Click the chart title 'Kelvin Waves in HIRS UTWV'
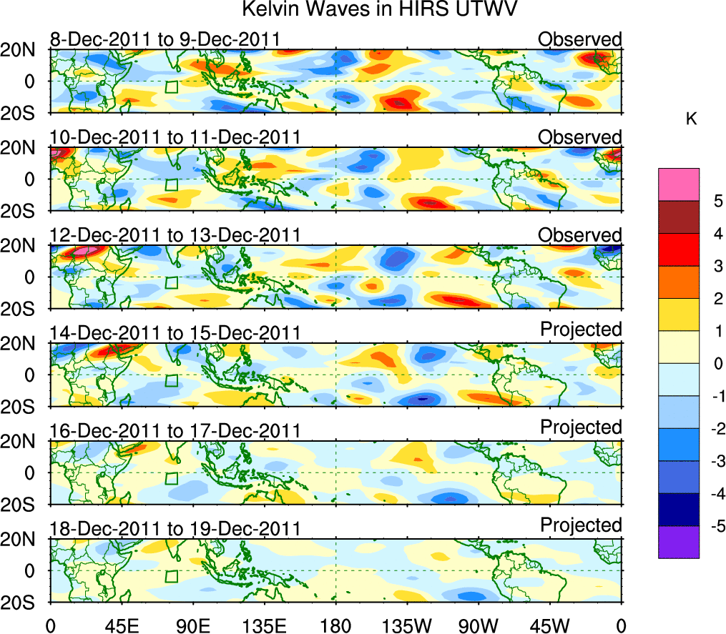pyautogui.click(x=378, y=10)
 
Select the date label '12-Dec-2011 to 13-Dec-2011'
pyautogui.click(x=175, y=235)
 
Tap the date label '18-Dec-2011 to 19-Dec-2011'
pyautogui.click(x=175, y=529)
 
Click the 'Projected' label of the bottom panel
pyautogui.click(x=581, y=525)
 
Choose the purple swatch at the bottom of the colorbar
pyautogui.click(x=678, y=542)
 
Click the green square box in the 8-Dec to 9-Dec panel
pyautogui.click(x=171, y=87)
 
